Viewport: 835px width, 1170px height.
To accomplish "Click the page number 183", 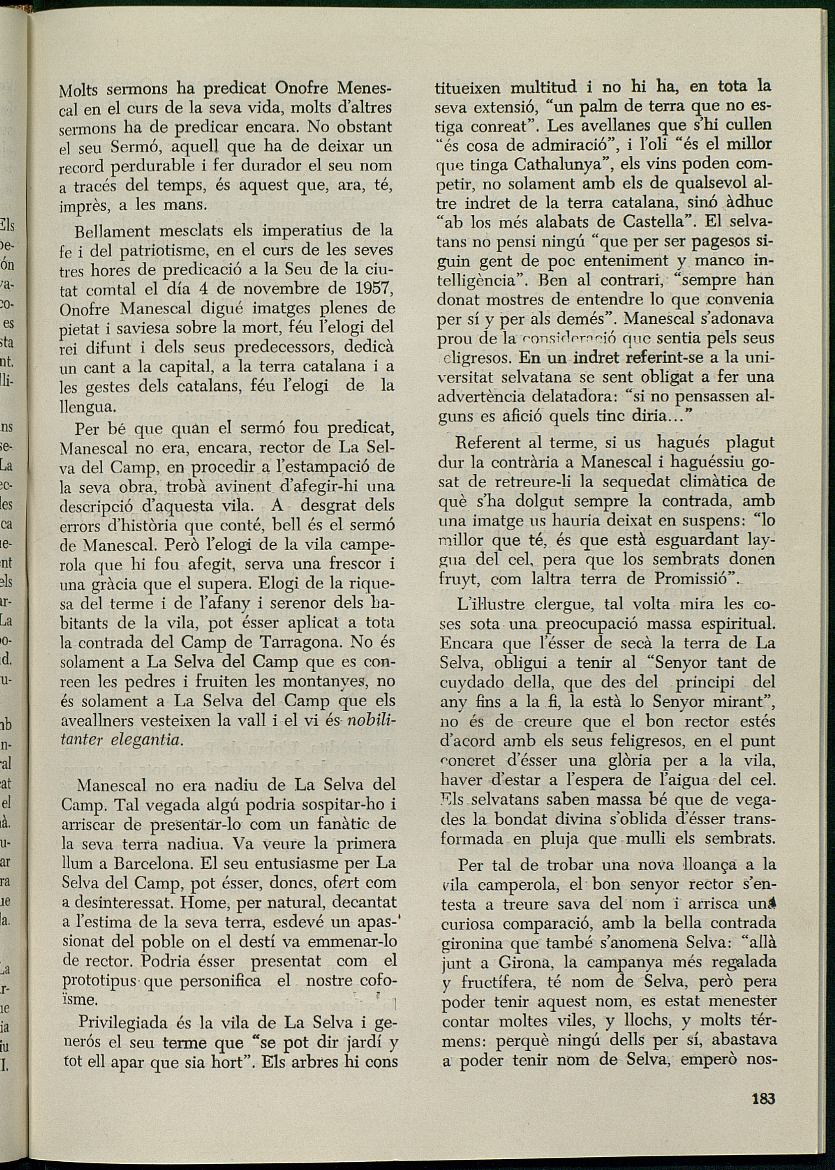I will point(763,1098).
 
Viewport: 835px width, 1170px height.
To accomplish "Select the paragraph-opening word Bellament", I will point(112,231).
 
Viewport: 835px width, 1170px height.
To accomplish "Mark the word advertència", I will point(477,397).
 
